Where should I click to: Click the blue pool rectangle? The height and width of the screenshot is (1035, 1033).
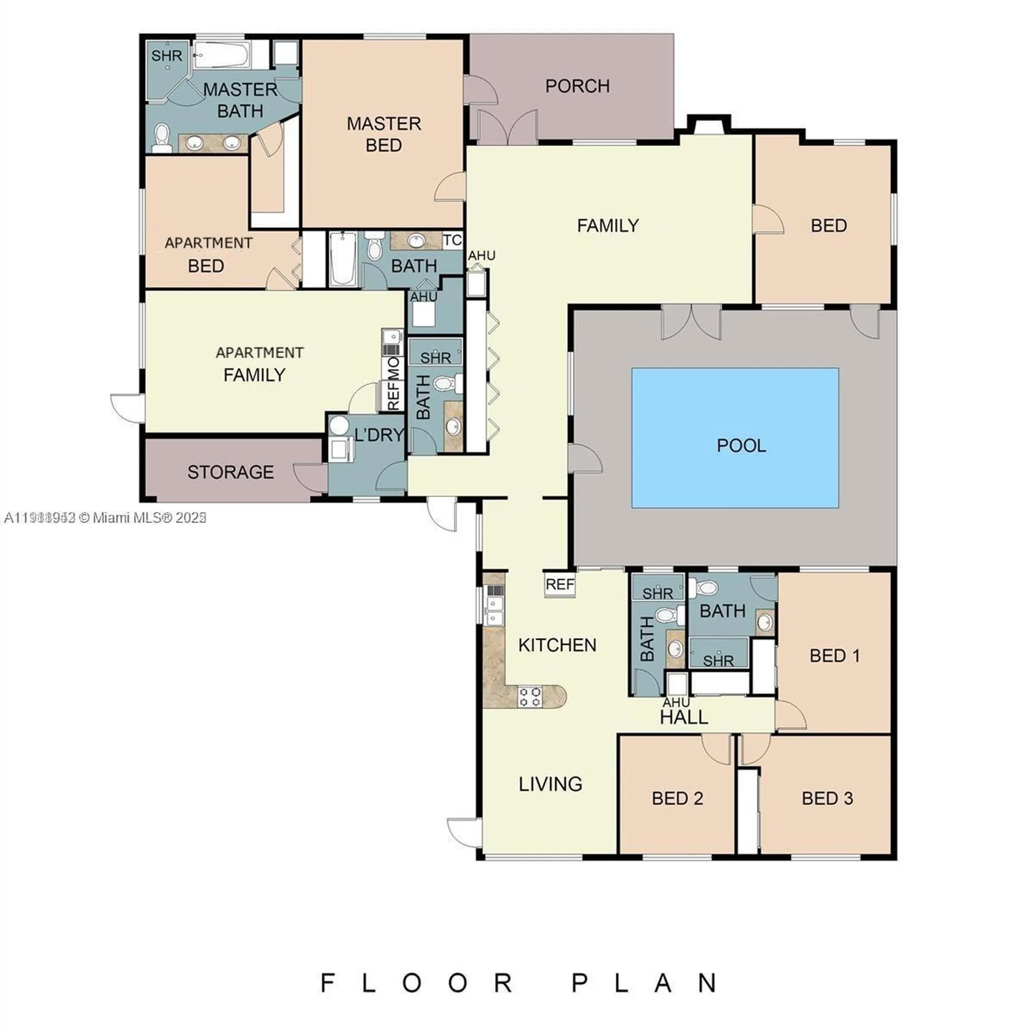pos(734,437)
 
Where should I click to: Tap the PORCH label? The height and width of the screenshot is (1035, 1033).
pos(577,86)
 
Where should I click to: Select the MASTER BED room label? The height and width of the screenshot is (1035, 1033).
pos(383,134)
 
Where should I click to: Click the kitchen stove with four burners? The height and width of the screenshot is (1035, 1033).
pos(529,696)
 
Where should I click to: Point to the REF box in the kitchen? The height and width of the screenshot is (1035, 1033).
pos(559,585)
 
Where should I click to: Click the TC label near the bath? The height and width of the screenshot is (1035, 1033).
pos(452,240)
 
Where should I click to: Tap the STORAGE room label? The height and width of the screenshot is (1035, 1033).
pos(231,472)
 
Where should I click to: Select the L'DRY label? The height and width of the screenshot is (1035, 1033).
pos(379,434)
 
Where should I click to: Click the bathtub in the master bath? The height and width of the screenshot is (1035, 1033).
pos(221,56)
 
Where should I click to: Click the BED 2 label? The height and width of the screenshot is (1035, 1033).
pos(677,798)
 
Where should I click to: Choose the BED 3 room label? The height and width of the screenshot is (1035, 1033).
pos(827,798)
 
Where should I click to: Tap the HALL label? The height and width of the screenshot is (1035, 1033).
pos(683,717)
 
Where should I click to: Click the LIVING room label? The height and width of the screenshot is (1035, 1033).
pos(550,784)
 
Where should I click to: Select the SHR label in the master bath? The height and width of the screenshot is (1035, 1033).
pos(166,56)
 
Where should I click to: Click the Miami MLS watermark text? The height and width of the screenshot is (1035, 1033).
pos(105,517)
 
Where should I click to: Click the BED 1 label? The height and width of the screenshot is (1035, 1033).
pos(834,655)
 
